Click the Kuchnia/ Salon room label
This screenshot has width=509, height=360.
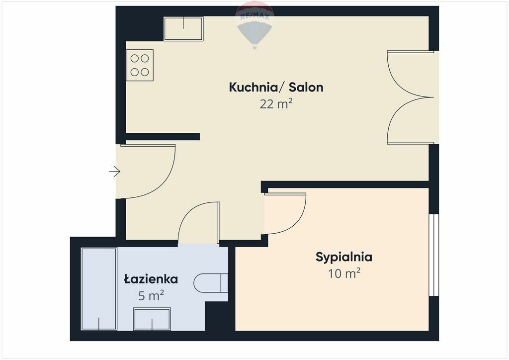(276, 88)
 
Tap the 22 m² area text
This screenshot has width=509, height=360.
(276, 104)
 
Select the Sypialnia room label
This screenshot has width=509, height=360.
(344, 258)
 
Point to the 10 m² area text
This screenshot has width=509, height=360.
(344, 273)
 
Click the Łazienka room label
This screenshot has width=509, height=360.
(151, 279)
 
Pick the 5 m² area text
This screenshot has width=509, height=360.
(151, 295)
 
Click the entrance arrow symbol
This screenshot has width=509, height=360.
(115, 171)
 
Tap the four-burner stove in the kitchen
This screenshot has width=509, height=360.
(140, 65)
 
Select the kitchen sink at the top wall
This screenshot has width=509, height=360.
(183, 28)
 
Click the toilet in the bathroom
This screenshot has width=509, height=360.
(211, 283)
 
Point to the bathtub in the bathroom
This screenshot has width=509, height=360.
(99, 289)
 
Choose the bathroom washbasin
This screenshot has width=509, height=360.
(152, 319)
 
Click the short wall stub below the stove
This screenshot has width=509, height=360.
(163, 137)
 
